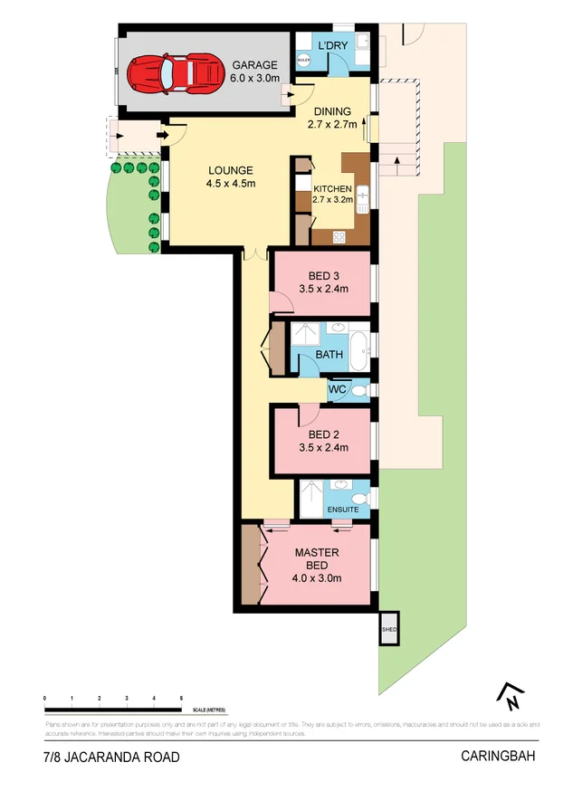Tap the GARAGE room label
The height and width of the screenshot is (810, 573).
click(x=253, y=65)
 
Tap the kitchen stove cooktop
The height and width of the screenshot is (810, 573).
click(x=339, y=237)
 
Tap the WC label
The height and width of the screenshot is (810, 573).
click(x=338, y=390)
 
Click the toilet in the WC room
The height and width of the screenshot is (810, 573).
click(x=359, y=391)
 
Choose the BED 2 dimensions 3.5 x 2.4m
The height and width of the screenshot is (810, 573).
click(x=324, y=446)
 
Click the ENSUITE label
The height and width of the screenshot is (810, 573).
click(x=342, y=510)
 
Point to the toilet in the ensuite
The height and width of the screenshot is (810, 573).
click(x=360, y=498)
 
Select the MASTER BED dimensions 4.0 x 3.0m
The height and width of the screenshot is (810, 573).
click(x=317, y=579)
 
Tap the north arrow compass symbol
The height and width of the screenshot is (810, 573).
click(x=510, y=695)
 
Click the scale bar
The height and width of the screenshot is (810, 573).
click(x=113, y=709)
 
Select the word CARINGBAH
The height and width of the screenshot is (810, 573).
click(x=498, y=757)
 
